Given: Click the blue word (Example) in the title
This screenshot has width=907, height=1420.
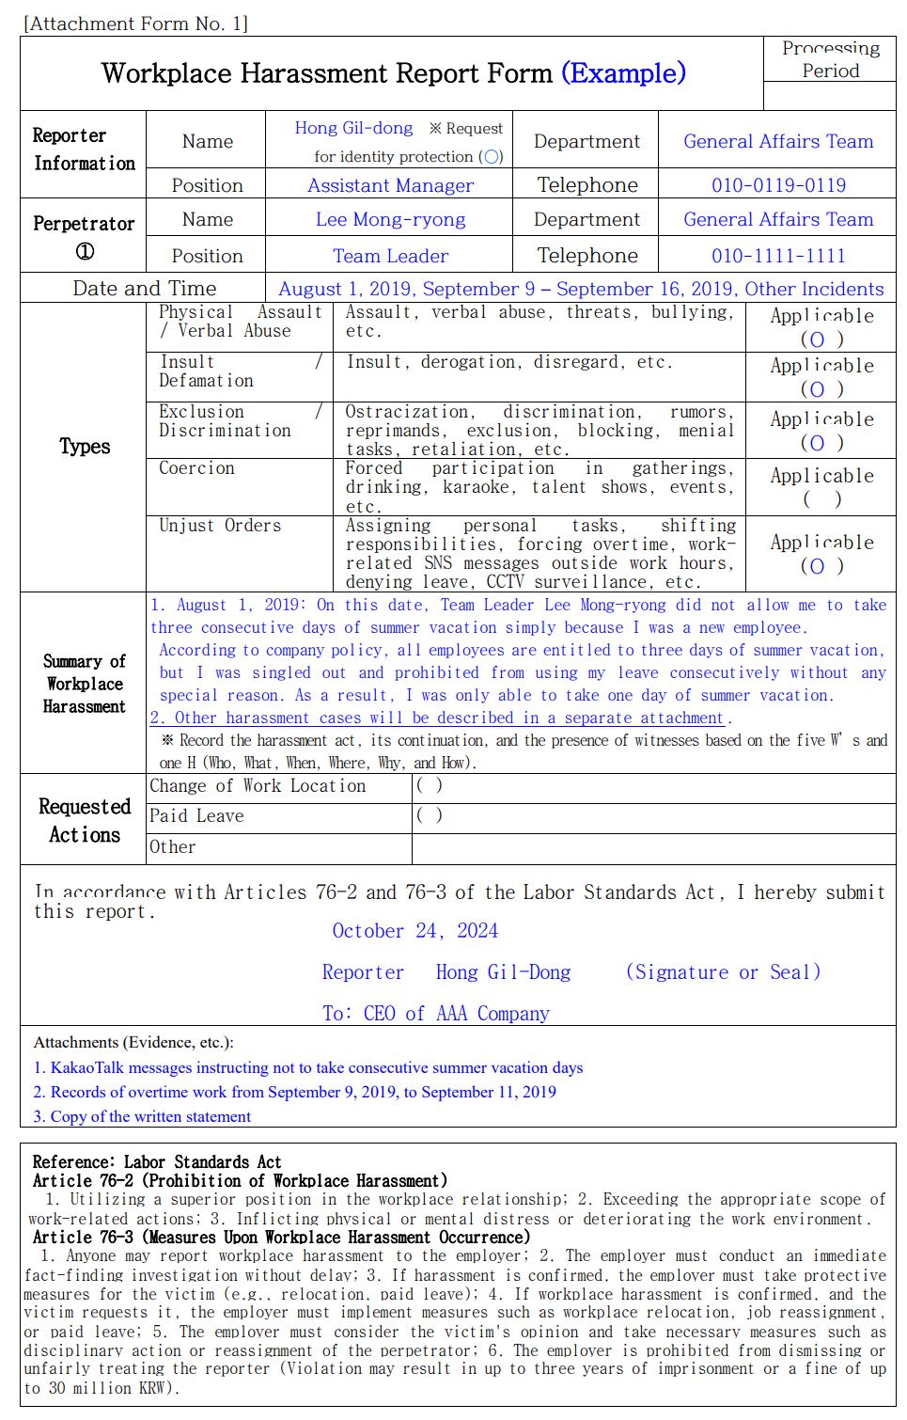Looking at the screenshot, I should pos(623,73).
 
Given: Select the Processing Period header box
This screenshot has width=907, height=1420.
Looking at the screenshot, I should pos(830,59).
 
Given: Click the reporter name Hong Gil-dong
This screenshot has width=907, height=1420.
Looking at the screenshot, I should pos(353,128).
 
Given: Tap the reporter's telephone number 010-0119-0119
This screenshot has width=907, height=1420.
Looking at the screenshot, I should pos(778,185).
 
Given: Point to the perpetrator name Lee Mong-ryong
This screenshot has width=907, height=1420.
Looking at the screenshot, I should pos(390,220).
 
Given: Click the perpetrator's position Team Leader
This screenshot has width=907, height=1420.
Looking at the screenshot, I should pos(390,256).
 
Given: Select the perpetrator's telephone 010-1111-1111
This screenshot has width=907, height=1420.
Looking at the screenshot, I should pos(778,256).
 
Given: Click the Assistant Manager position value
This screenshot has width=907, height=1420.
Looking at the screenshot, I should pos(390,185).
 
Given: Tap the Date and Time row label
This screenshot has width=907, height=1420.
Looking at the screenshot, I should pos(144,289).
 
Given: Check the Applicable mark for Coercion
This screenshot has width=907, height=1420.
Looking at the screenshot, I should pos(821,498).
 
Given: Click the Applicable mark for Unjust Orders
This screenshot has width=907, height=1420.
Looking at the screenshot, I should pos(821,566).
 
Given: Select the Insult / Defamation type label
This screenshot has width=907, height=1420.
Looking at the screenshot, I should pos(207,371).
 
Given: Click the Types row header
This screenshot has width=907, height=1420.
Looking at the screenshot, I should pos(85,447).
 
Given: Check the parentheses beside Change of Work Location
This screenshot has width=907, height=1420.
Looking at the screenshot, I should pos(429,786).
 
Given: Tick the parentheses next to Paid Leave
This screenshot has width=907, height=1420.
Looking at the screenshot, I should pos(429,816).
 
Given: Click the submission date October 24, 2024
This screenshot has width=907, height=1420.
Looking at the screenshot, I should pos(414,931).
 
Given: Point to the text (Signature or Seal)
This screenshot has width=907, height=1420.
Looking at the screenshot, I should pos(723,972).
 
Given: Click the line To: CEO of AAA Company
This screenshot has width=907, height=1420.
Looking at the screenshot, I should pos(435,1014).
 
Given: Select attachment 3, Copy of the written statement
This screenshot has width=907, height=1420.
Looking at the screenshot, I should pos(142,1117).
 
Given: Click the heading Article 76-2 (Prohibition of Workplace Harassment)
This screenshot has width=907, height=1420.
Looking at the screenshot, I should pos(240,1181).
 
